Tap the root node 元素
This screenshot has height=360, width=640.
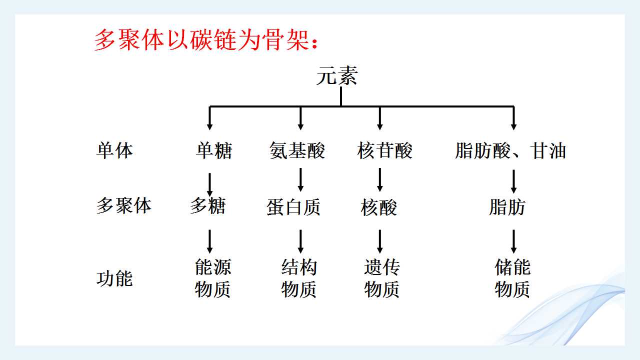[x=337, y=75]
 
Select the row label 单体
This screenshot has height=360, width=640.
[x=114, y=150]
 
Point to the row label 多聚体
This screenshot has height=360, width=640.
[x=124, y=205]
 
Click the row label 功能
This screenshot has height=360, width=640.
[x=114, y=278]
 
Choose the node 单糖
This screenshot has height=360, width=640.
[x=214, y=150]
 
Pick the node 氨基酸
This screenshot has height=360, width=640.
[x=297, y=150]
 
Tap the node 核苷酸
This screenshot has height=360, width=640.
[x=384, y=150]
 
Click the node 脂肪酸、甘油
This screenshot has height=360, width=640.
[x=510, y=150]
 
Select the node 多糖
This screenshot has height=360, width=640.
[x=208, y=205]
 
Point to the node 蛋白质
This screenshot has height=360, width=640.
[x=293, y=207]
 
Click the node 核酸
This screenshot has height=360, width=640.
[x=378, y=207]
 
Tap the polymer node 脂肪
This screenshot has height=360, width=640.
[x=507, y=207]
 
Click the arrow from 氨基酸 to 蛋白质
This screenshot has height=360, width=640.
[x=300, y=179]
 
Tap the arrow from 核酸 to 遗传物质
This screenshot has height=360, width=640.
[x=379, y=241]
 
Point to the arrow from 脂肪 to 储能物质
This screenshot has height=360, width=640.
[x=513, y=241]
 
